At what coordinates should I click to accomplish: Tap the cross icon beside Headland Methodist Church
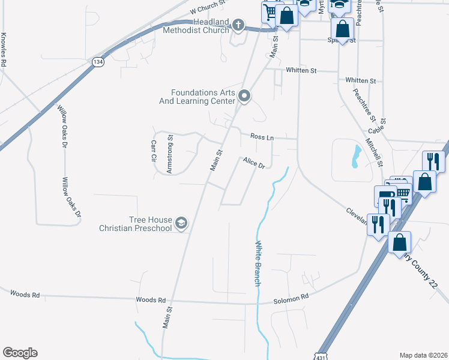pos(238,25)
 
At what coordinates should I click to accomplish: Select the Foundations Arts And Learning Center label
pos(202,97)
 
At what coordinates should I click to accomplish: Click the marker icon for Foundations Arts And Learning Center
pos(244,96)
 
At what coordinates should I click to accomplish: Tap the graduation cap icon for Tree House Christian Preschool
pos(181,224)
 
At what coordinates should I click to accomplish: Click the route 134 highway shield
pos(97,61)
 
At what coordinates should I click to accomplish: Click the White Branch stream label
pos(258,263)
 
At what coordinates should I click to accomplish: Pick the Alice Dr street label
pos(254,162)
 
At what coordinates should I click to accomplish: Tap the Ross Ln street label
pos(262,137)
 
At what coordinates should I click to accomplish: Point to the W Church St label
pos(207,8)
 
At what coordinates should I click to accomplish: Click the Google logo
pos(20,353)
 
